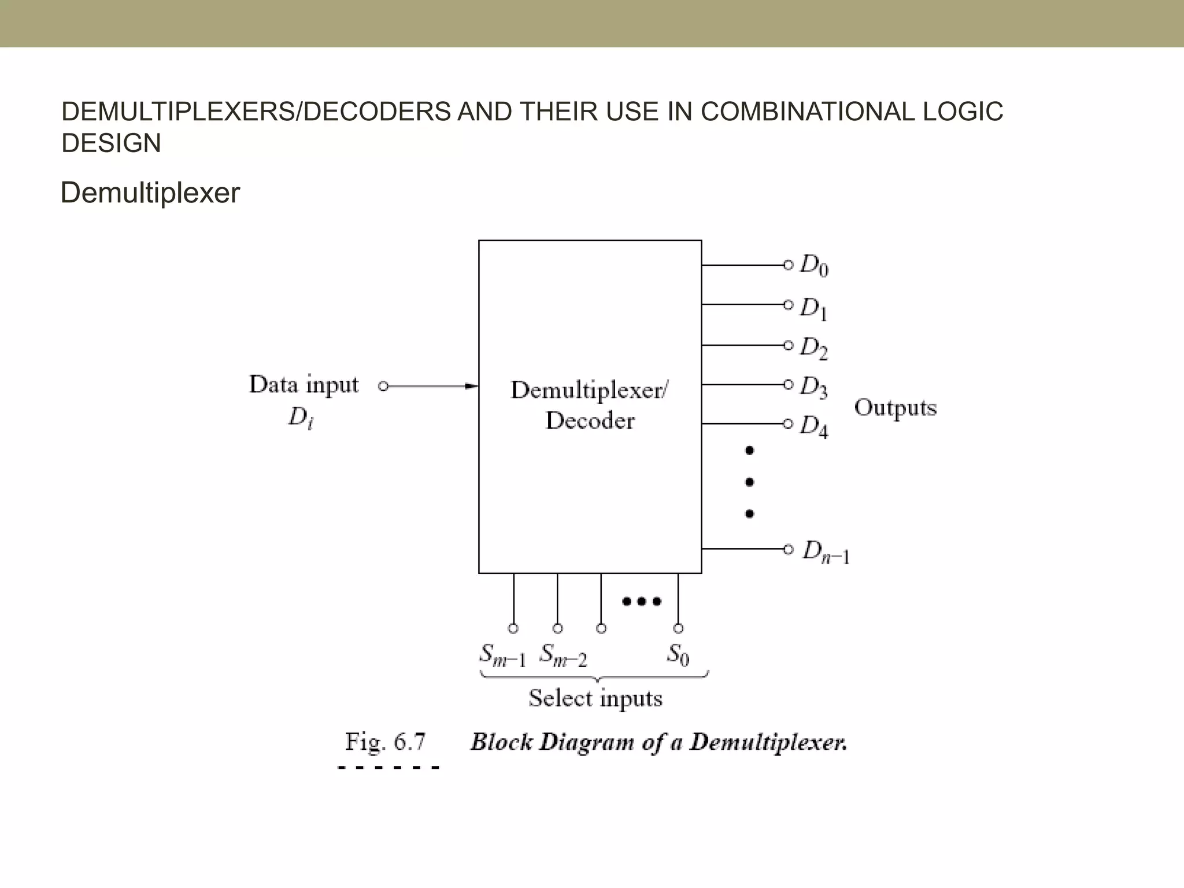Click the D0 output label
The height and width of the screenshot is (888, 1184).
coord(814,266)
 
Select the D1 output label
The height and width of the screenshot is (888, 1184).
coord(814,308)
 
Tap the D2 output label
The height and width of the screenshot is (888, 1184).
coord(814,347)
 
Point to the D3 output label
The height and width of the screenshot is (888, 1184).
coord(814,387)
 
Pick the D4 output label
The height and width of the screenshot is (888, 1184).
coord(814,426)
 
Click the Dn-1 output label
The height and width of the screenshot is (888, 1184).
coord(826,552)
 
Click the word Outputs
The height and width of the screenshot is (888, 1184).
coord(895,408)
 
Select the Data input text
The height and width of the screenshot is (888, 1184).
coord(304,385)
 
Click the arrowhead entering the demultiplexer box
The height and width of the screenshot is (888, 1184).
coord(472,386)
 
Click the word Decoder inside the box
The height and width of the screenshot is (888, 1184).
coord(590,420)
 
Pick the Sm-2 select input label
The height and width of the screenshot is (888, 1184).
coord(563,656)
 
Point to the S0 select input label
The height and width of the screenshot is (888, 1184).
coord(678,655)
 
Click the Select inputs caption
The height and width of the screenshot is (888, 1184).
coord(595,698)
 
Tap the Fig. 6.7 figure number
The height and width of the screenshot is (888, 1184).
coord(385,742)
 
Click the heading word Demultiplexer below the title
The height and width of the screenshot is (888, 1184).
coord(150,193)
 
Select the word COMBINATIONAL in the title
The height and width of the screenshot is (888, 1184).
coord(808,112)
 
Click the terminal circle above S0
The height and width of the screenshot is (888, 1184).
coord(678,628)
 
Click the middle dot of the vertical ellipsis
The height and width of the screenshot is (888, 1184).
coord(749,482)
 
